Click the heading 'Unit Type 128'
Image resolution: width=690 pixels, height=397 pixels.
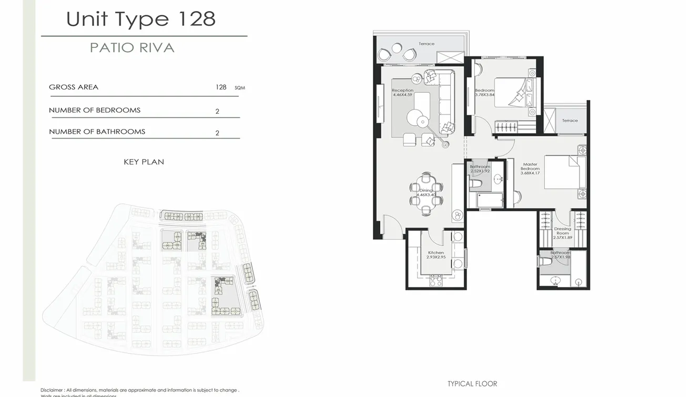141,19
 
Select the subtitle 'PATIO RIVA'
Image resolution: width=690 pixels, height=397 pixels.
132,47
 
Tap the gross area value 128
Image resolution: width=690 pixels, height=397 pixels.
221,87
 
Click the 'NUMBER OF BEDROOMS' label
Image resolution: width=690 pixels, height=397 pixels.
95,111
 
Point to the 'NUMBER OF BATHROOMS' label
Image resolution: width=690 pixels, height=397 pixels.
97,132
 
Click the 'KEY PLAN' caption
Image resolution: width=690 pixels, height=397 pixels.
144,162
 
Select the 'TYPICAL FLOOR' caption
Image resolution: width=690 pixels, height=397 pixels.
472,384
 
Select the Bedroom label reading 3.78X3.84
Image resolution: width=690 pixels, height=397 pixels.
484,93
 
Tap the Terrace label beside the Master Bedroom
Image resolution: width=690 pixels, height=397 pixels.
570,121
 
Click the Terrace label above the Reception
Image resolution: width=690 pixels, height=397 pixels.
427,44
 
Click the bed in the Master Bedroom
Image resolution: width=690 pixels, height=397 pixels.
564,172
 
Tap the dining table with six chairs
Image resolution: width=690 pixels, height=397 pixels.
426,194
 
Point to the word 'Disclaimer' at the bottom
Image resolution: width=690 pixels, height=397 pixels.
52,390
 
